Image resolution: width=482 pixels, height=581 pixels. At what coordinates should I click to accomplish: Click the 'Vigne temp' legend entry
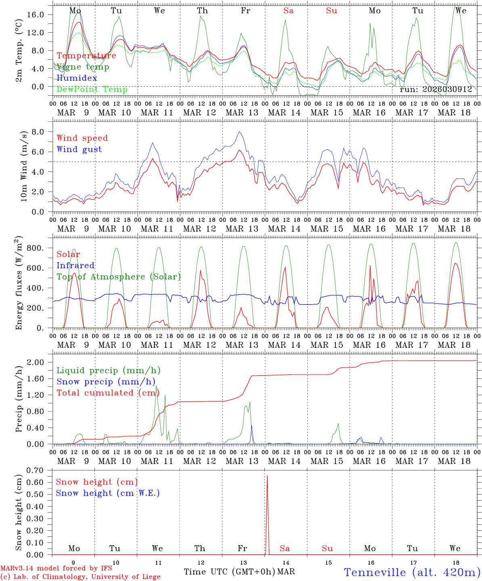83,67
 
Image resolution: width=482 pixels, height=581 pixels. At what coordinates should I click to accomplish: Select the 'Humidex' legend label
77,78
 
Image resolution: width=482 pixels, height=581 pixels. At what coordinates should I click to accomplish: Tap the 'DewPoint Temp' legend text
92,90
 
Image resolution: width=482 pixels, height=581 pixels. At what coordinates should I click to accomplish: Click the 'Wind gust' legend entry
79,149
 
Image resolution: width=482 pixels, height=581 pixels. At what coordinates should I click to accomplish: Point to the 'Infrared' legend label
75,265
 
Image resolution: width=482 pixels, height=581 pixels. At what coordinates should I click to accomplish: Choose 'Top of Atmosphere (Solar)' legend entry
118,277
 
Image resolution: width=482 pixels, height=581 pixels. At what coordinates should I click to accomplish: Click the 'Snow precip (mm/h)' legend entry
106,382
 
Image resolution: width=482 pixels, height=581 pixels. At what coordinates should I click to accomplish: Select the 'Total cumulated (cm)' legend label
108,393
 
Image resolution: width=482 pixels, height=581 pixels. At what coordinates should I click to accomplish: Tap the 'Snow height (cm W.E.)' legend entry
107,493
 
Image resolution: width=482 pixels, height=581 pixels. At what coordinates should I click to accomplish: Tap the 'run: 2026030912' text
436,90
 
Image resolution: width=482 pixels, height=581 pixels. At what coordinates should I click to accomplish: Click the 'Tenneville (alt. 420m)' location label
411,572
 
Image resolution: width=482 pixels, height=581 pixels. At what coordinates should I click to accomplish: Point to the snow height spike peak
267,476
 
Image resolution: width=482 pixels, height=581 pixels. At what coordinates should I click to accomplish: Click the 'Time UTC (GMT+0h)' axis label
230,572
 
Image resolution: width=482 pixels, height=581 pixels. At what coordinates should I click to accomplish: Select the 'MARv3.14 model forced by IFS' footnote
56,568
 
